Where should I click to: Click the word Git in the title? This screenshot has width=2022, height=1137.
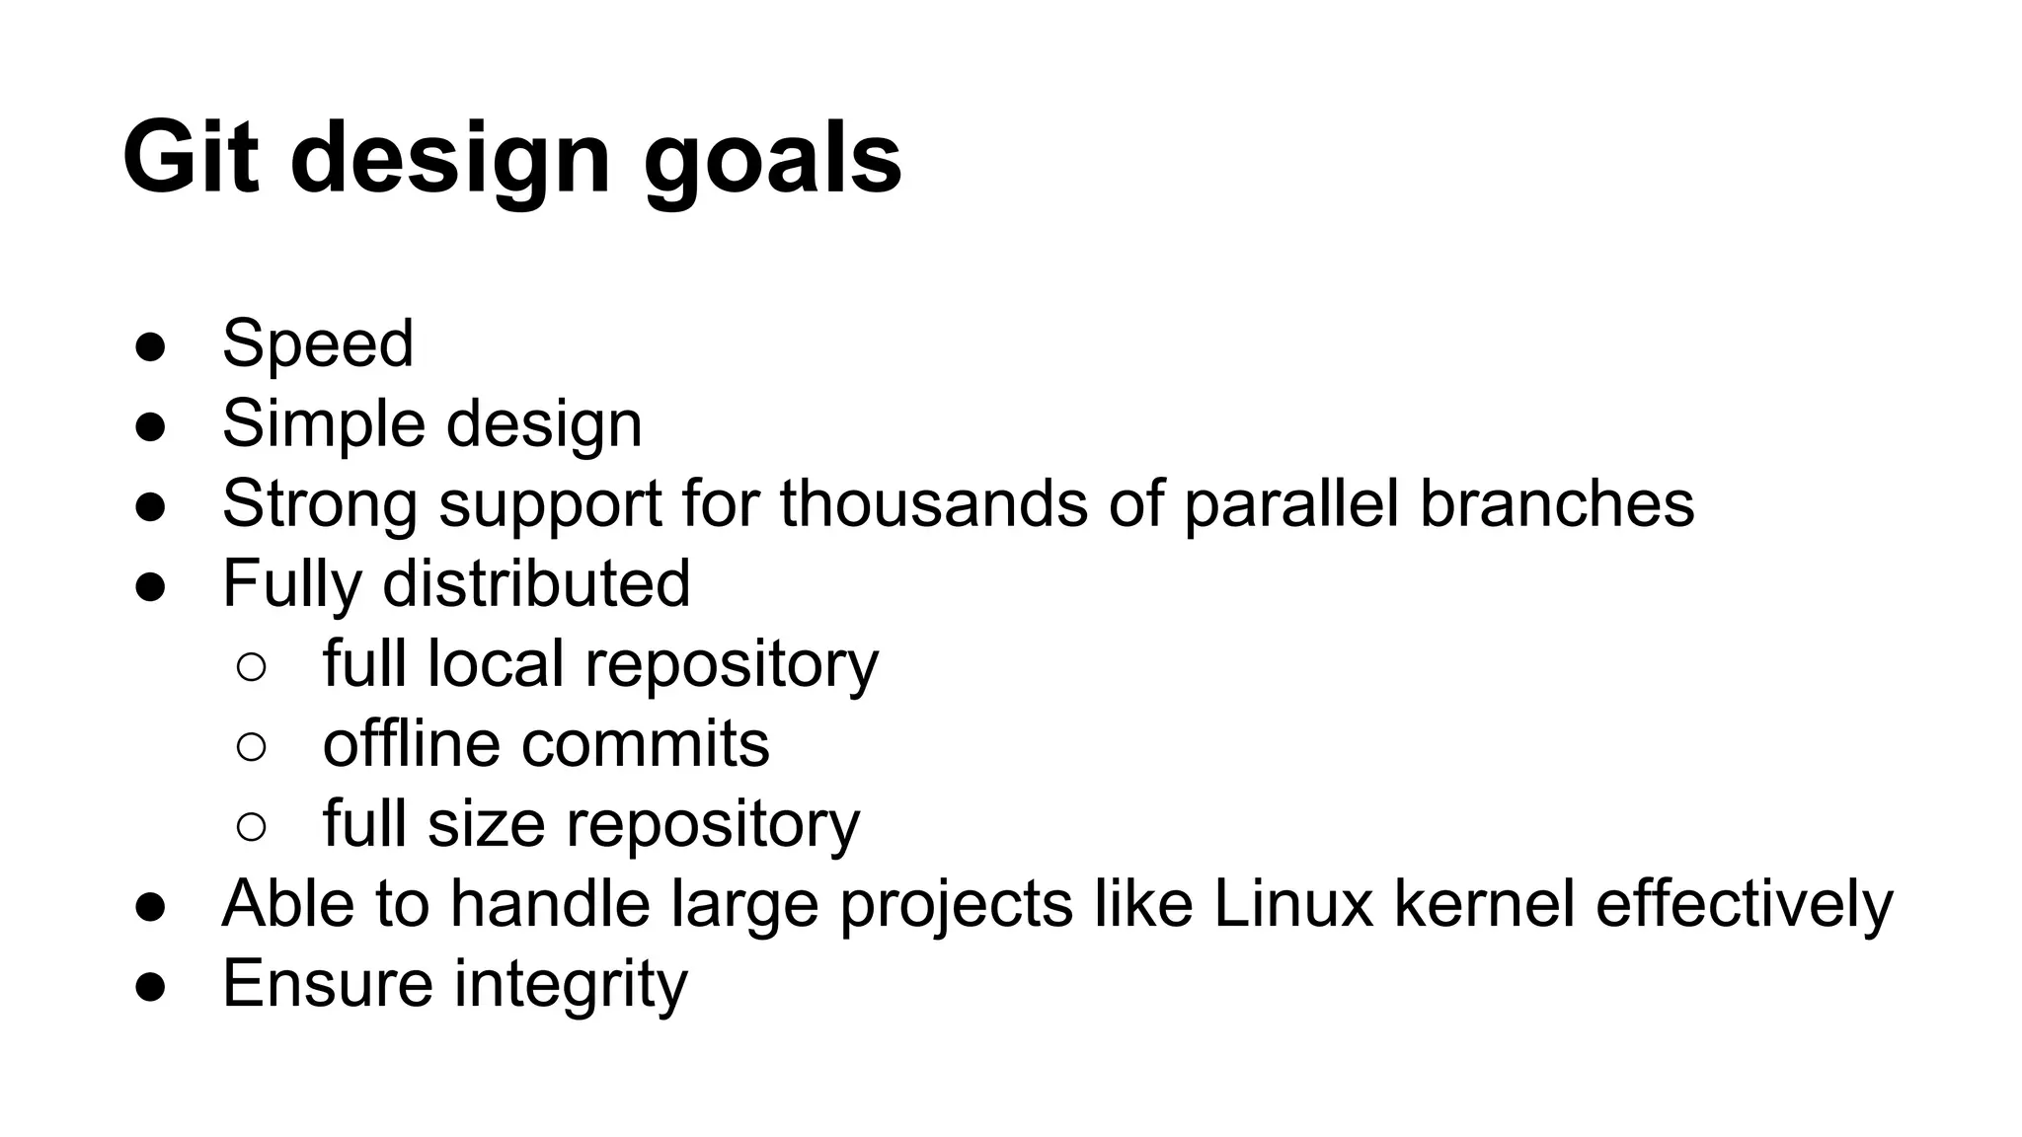191,158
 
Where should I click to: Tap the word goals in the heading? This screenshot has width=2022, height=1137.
773,160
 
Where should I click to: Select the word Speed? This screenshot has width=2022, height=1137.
318,343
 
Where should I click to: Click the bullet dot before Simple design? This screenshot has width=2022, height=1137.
150,426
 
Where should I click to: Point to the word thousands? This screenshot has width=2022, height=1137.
934,503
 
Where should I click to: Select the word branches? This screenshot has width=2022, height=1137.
1557,503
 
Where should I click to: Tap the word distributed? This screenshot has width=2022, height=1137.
536,583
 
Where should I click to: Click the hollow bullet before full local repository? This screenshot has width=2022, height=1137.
252,666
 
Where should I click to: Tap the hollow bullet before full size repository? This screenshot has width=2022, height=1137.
252,826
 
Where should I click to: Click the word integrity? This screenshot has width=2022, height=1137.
571,984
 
